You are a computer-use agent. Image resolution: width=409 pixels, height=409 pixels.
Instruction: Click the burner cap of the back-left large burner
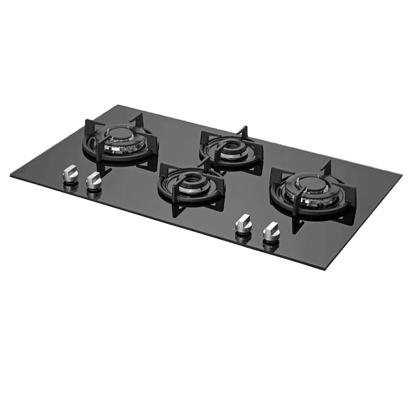tap(119, 135)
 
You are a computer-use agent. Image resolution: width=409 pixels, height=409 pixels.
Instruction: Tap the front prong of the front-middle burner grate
tap(176, 208)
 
